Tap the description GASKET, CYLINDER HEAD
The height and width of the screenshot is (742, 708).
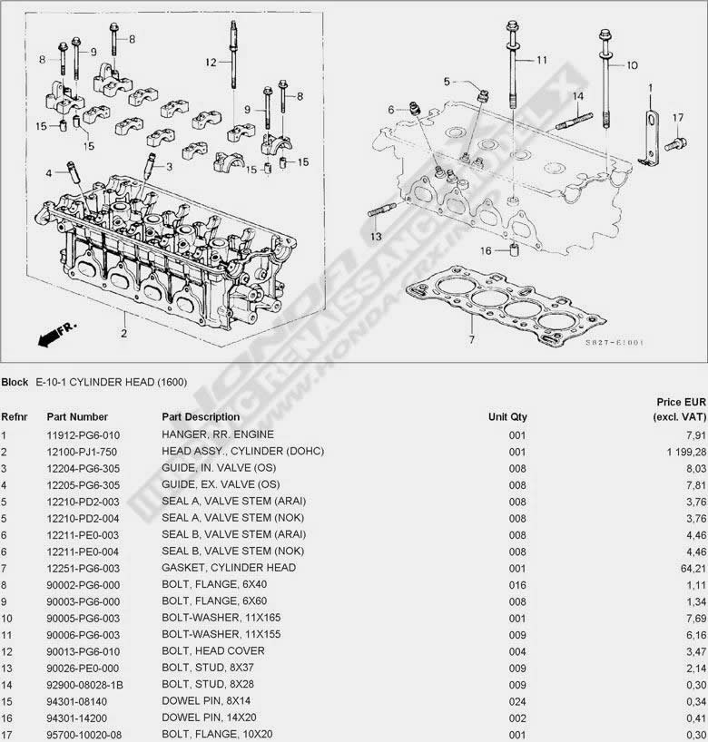[x=229, y=568]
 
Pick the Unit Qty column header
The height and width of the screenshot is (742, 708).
[x=507, y=417]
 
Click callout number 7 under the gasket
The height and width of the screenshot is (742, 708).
[x=471, y=340]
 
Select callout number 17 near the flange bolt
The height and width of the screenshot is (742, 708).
[x=677, y=118]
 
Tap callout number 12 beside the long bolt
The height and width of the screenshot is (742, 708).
[x=211, y=63]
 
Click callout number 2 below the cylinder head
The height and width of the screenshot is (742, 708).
[x=123, y=332]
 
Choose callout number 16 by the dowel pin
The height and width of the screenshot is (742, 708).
[x=486, y=251]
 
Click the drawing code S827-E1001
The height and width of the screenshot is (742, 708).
[x=614, y=343]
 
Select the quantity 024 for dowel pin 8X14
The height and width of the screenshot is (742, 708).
[x=517, y=700]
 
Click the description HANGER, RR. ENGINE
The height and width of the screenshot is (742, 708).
[x=217, y=434]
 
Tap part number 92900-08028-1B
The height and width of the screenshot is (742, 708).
[x=84, y=684]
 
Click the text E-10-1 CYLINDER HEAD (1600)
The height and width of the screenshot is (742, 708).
[x=111, y=382]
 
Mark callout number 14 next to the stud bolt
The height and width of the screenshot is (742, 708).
[x=577, y=95]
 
